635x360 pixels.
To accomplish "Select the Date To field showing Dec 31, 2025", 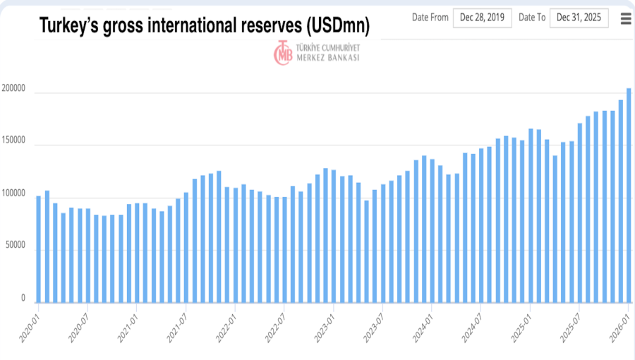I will tap(579, 18).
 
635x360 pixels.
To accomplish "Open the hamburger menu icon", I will tap(626, 18).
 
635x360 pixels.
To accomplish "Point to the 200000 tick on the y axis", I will tap(14, 90).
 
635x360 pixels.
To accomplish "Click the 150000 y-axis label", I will tap(14, 142).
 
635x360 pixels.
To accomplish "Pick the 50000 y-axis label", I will tap(16, 246).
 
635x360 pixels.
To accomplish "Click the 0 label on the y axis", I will tap(23, 299).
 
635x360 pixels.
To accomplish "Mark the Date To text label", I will tap(531, 18).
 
